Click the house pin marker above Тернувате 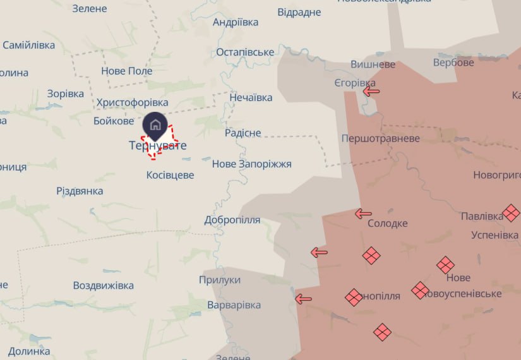(x=155, y=124)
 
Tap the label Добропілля (x=232, y=220)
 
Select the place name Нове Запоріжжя (x=251, y=164)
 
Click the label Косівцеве (x=170, y=175)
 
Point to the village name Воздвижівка (x=104, y=285)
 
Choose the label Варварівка (x=234, y=305)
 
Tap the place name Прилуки (x=220, y=280)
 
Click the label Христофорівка (x=132, y=102)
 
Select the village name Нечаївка (x=251, y=97)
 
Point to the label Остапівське (x=245, y=52)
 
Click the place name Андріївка (x=236, y=22)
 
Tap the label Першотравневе (x=380, y=138)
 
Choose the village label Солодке (x=388, y=223)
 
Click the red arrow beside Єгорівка (x=371, y=91)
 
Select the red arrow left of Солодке (x=363, y=213)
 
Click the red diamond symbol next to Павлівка (x=511, y=213)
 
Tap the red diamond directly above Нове (x=445, y=265)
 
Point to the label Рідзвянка (x=80, y=191)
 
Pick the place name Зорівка (x=65, y=93)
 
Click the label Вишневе (x=373, y=64)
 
